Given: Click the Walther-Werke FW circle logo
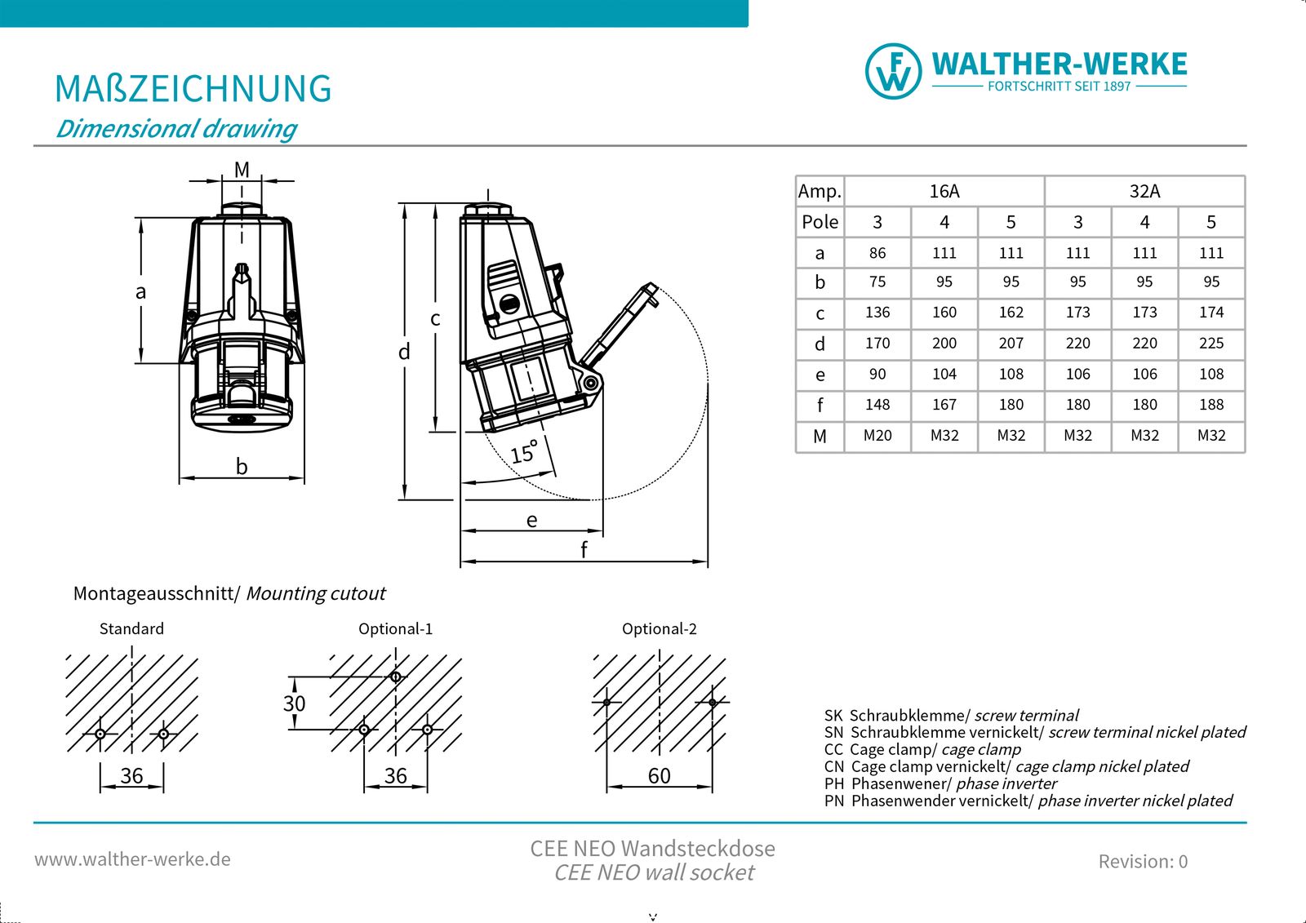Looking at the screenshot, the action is pyautogui.click(x=893, y=71).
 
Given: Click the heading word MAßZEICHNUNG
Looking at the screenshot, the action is pyautogui.click(x=193, y=89).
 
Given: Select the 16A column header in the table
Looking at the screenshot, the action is pyautogui.click(x=944, y=191).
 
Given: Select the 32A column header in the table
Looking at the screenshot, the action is pyautogui.click(x=1144, y=191).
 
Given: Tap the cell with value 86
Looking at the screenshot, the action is pyautogui.click(x=877, y=253).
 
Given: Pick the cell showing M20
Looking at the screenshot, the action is pyautogui.click(x=877, y=436).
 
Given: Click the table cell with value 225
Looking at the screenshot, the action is pyautogui.click(x=1211, y=344).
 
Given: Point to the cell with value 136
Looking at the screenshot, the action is pyautogui.click(x=877, y=313).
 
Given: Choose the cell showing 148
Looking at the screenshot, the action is pyautogui.click(x=877, y=405).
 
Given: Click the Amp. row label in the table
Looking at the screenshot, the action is pyautogui.click(x=820, y=191).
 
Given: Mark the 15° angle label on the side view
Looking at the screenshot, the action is pyautogui.click(x=523, y=452).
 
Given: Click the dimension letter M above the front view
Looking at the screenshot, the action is pyautogui.click(x=242, y=170).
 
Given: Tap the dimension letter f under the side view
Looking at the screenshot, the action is pyautogui.click(x=584, y=548).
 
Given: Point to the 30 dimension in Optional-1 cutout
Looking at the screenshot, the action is pyautogui.click(x=295, y=703).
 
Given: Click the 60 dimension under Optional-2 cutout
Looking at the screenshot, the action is pyautogui.click(x=660, y=776).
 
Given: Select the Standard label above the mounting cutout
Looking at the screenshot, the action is pyautogui.click(x=131, y=628).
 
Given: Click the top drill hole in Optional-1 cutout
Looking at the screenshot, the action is pyautogui.click(x=396, y=677).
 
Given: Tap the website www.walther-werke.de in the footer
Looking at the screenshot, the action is pyautogui.click(x=132, y=859).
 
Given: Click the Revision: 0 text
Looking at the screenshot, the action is pyautogui.click(x=1143, y=861).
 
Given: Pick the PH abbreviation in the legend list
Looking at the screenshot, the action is pyautogui.click(x=833, y=783).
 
